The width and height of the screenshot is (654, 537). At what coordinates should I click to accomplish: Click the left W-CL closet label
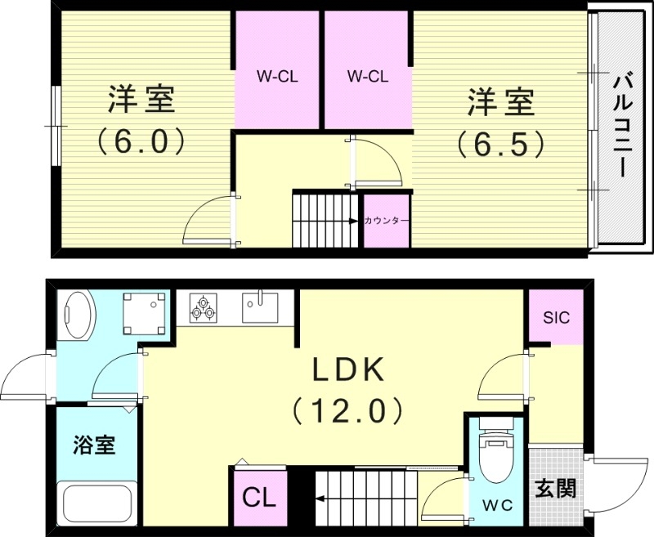click(276, 78)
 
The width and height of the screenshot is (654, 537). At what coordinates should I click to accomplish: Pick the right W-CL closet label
click(367, 78)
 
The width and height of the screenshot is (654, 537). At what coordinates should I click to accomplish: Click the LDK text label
click(347, 371)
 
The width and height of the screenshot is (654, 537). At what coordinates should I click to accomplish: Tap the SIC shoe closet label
click(556, 317)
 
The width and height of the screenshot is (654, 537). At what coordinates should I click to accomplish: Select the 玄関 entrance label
click(555, 488)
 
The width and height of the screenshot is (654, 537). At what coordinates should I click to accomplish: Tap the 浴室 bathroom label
click(93, 445)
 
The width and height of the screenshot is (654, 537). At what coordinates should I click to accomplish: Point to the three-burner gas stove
click(203, 308)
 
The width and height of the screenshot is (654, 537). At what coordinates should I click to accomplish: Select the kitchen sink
click(260, 308)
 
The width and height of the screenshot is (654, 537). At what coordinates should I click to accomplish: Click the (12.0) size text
click(347, 409)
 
